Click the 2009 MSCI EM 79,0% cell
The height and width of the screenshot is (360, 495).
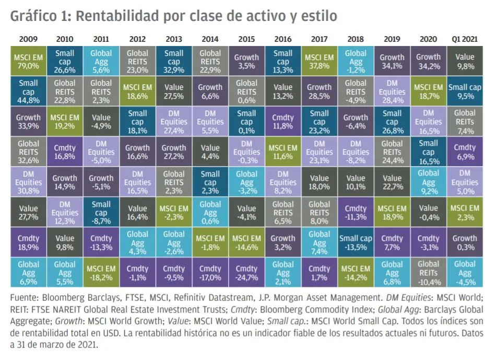[x=28, y=62]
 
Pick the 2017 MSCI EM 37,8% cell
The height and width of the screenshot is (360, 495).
[x=319, y=62]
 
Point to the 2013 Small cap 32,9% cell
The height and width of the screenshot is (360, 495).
[x=174, y=62]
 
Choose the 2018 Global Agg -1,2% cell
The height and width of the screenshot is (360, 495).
[x=356, y=62]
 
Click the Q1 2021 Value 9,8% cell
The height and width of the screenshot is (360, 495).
[x=465, y=62]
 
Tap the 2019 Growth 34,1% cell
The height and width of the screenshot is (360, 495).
[x=392, y=62]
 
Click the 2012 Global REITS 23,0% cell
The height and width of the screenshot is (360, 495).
[x=137, y=62]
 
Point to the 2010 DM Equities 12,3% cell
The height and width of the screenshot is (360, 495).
[x=65, y=213]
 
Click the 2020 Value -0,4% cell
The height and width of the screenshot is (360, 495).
[x=428, y=213]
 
